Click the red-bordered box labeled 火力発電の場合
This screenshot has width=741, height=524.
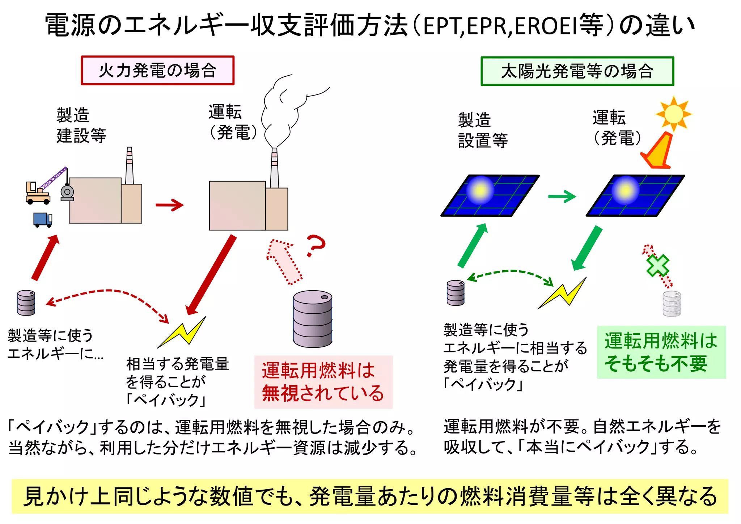click(x=157, y=71)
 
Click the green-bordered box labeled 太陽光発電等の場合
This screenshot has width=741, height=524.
click(x=577, y=71)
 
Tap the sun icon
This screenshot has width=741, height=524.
click(x=673, y=114)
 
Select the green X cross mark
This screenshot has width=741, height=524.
click(x=657, y=265)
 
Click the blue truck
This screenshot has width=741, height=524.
click(x=42, y=220)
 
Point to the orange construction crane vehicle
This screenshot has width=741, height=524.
click(x=38, y=193)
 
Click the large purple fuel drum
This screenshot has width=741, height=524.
click(x=313, y=318)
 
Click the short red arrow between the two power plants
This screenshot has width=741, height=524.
click(x=169, y=205)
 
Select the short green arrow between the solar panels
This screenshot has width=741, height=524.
click(x=562, y=197)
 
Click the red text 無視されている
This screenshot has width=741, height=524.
click(x=323, y=393)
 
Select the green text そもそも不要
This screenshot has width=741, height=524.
click(x=656, y=364)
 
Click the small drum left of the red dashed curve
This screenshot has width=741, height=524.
click(x=26, y=303)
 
